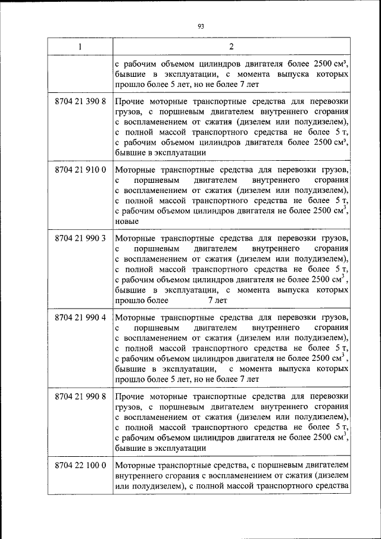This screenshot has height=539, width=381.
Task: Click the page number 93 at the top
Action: point(201,26)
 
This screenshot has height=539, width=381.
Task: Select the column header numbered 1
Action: point(80,47)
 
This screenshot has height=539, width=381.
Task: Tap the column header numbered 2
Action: point(231,47)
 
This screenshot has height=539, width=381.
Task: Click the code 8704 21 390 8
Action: point(80,102)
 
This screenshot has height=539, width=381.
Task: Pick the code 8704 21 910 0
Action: point(80,170)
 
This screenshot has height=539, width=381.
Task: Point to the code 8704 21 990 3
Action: point(80,239)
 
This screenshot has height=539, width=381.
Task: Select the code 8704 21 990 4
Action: point(80,317)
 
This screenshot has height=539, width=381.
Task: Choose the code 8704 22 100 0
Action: point(80,465)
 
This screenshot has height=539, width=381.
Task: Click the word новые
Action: point(126,221)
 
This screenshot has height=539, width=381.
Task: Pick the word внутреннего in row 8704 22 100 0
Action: point(138,476)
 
